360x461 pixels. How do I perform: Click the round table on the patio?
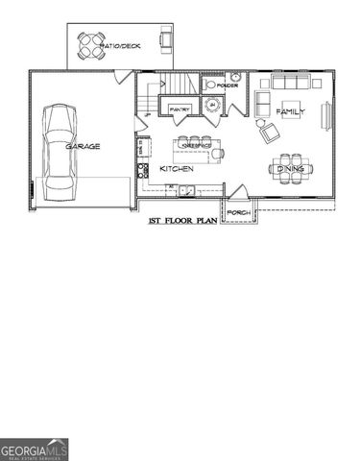[90, 42]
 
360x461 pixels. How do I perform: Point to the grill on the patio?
[165, 39]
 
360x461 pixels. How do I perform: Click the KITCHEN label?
[177, 168]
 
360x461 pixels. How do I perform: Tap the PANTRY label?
[180, 110]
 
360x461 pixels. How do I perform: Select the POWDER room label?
[228, 85]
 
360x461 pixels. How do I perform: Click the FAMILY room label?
[290, 112]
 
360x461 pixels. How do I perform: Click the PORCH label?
[238, 212]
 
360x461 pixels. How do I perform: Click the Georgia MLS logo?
[35, 449]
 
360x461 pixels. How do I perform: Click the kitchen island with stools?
[198, 149]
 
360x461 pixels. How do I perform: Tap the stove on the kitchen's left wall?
[142, 171]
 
